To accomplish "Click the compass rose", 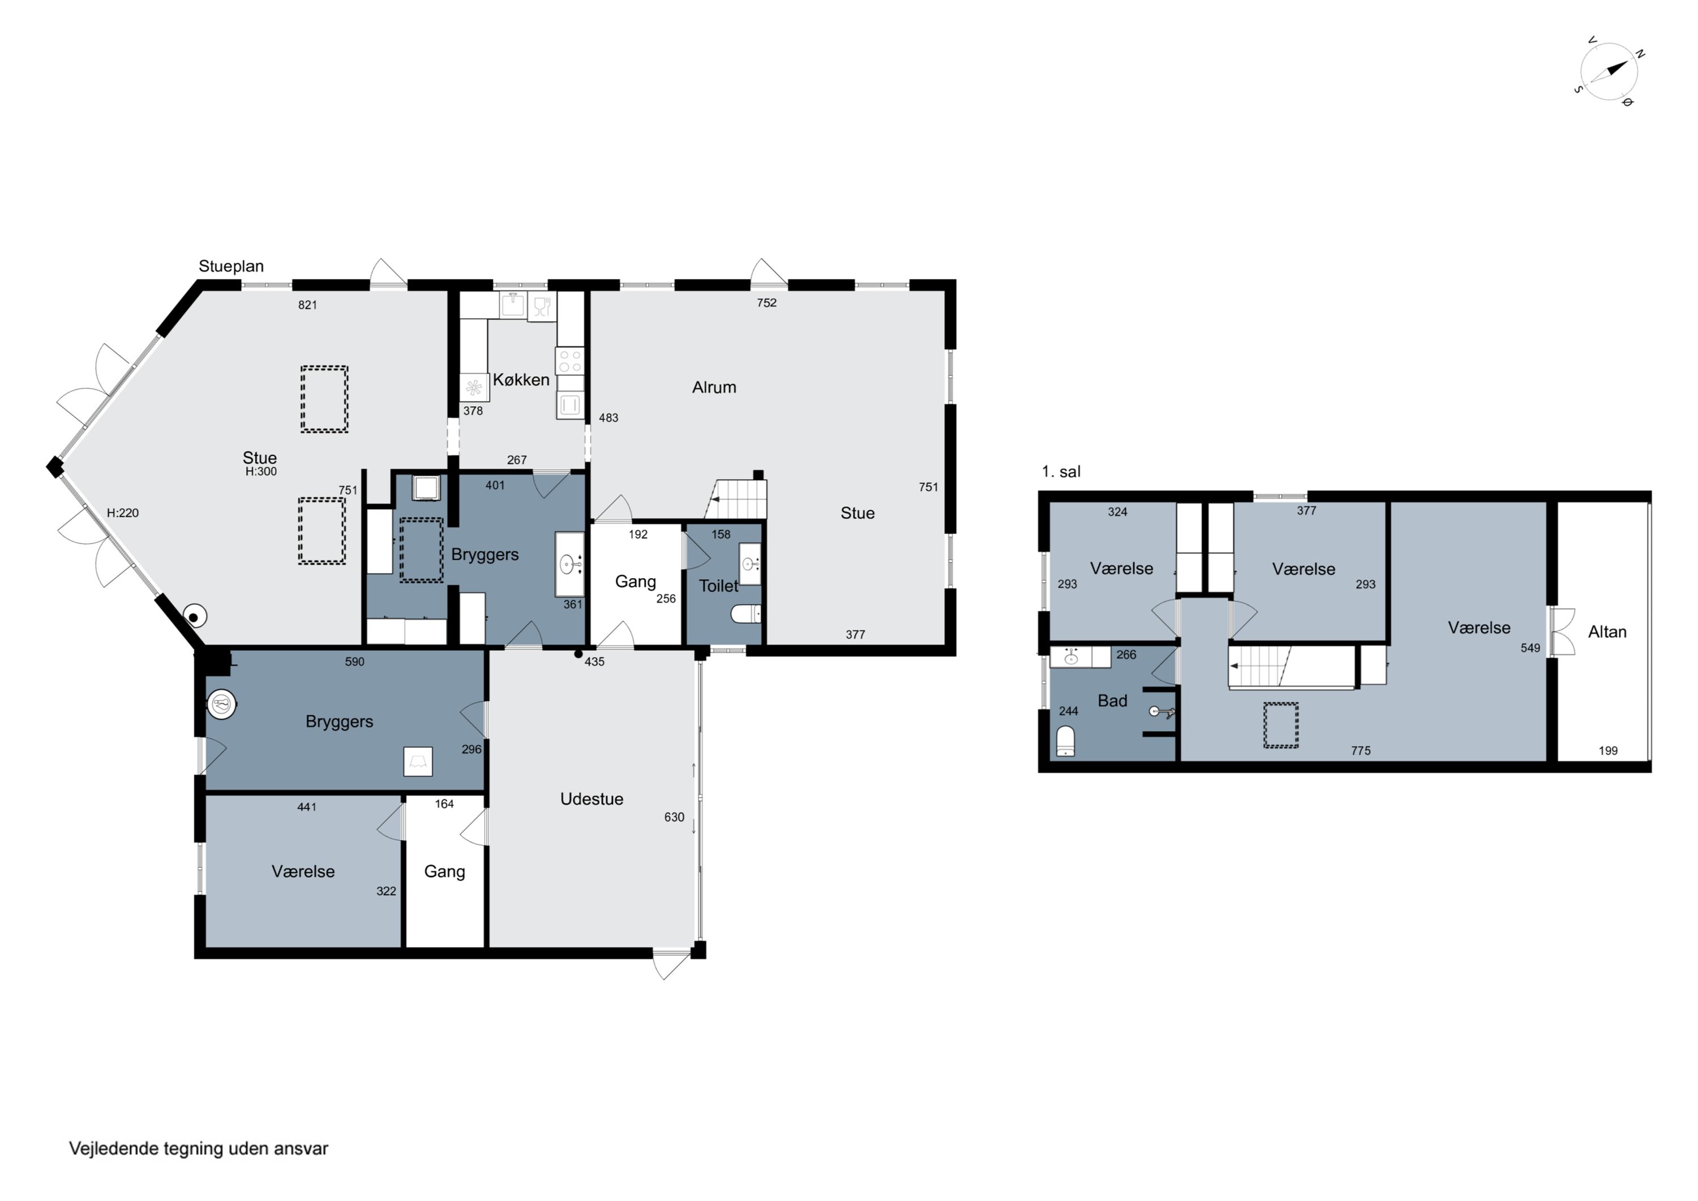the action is pos(1609,72).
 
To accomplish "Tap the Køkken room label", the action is pos(521,379).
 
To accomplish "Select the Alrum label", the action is pos(714,387).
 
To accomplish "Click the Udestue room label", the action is pos(591,798).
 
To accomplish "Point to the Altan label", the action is pos(1607,632).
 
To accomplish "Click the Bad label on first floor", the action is pos(1112,701).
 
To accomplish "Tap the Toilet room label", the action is pos(718,586).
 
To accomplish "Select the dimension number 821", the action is pos(308,305).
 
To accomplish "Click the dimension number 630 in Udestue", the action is pos(674,817).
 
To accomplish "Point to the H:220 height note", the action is pos(123,513).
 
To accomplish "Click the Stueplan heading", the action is pos(231,266).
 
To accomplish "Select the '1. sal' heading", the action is pos(1061,471).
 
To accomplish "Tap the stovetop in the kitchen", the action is pos(570,361).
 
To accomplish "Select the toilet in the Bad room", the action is pos(1065,741).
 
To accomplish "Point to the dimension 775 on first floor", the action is pos(1361,750).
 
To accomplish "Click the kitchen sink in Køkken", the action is pos(512,305).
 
